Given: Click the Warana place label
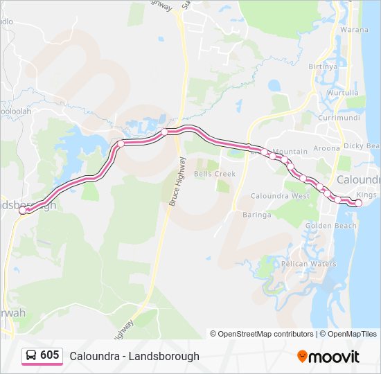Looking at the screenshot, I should point(354,30).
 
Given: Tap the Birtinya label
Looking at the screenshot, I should point(322,66).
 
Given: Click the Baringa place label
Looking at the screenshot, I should point(256,215).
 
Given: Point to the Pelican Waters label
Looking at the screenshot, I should point(309,264).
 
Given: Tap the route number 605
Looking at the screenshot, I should point(49,355).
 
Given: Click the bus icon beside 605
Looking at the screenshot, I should point(31,356).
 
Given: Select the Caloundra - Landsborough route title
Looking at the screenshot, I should point(134,356).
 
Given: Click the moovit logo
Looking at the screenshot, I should point(328,357).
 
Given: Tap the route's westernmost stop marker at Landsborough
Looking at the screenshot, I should point(23,210).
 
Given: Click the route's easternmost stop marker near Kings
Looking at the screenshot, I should point(358,203).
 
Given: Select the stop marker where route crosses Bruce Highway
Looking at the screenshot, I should point(164,132).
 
